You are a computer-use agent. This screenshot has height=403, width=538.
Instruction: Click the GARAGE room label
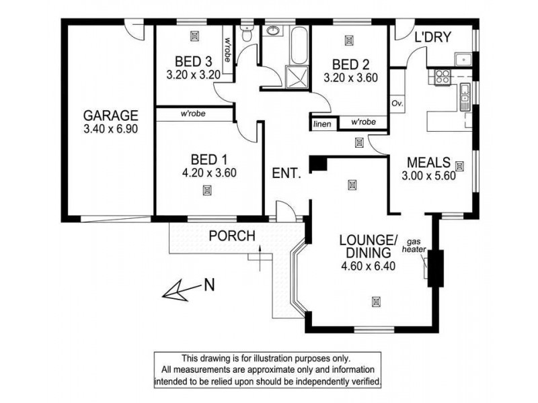110,114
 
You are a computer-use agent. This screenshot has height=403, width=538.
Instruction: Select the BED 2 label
350,64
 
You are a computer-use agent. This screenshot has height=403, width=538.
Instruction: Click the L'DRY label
432,36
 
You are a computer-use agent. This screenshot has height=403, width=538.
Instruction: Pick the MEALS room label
428,163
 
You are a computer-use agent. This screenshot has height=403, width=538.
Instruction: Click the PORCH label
232,236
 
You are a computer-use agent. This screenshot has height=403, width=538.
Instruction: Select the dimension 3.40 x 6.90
110,128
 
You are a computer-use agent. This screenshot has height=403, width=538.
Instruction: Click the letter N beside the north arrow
209,285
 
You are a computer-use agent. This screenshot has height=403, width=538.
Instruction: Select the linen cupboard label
320,123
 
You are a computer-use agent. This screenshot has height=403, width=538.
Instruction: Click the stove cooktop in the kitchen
442,77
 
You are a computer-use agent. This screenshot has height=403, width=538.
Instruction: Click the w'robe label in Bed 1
192,114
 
